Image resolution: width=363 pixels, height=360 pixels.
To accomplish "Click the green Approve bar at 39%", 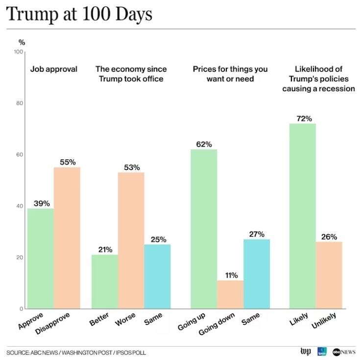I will tap(41, 258).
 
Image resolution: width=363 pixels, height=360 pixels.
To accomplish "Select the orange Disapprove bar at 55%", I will tap(67, 238).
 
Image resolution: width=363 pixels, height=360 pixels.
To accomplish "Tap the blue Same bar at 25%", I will tap(157, 276).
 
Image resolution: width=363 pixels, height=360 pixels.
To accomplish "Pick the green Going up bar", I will tap(204, 229).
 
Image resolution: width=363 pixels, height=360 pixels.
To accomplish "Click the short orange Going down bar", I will tap(230, 294).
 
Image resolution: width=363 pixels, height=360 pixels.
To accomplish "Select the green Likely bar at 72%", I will tap(303, 216).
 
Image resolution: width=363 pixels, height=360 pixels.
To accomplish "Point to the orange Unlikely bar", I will tap(329, 275).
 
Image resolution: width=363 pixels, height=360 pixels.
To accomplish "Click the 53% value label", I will tap(131, 167).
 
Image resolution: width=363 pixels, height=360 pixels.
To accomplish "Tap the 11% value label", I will tap(230, 275).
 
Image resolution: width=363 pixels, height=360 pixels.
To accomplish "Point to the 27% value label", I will tap(257, 234).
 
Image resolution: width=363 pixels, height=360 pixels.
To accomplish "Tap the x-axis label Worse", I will tap(125, 321).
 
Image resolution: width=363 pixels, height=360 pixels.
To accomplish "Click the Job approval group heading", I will tap(54, 69).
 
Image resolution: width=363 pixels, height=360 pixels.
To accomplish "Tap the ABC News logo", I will tap(344, 352).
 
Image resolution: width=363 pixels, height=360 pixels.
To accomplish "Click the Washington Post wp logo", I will tap(305, 352).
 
